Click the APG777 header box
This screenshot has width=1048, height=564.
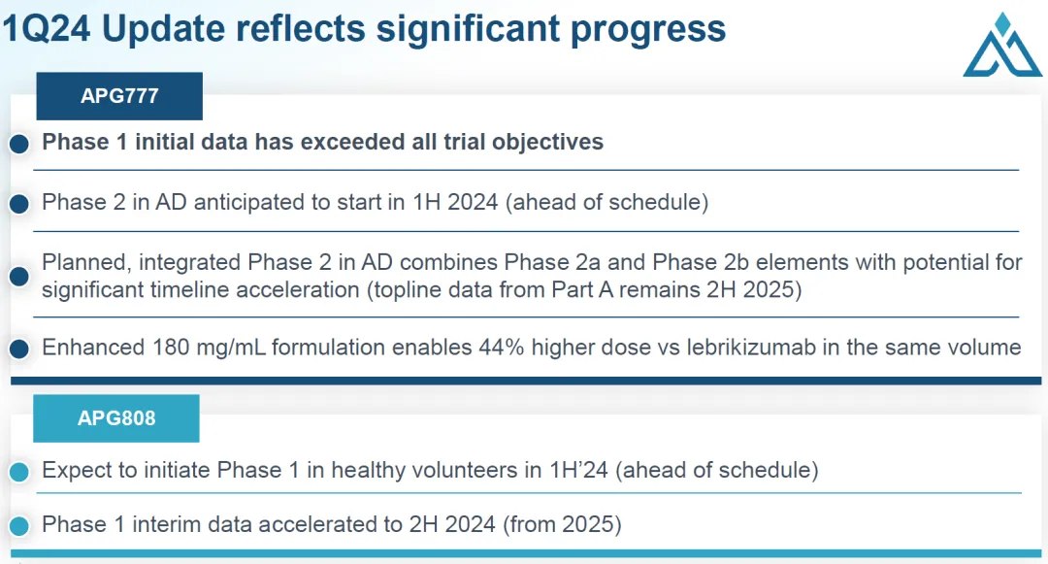[x=119, y=96]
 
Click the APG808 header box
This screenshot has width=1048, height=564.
[x=116, y=418]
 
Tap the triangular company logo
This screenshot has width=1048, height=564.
[x=1001, y=45]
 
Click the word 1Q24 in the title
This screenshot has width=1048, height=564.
[x=47, y=29]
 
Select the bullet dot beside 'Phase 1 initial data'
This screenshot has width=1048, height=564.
[x=19, y=143]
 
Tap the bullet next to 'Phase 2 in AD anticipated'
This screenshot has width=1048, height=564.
[x=19, y=204]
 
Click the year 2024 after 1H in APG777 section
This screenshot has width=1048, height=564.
[x=473, y=202]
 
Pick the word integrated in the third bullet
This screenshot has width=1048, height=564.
[x=190, y=263]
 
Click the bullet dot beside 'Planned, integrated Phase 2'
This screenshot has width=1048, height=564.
[x=19, y=276]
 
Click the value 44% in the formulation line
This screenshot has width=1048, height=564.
[x=502, y=348]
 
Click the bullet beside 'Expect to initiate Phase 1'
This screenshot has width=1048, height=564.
[x=19, y=472]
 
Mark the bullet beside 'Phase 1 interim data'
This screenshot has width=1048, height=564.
[x=19, y=526]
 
